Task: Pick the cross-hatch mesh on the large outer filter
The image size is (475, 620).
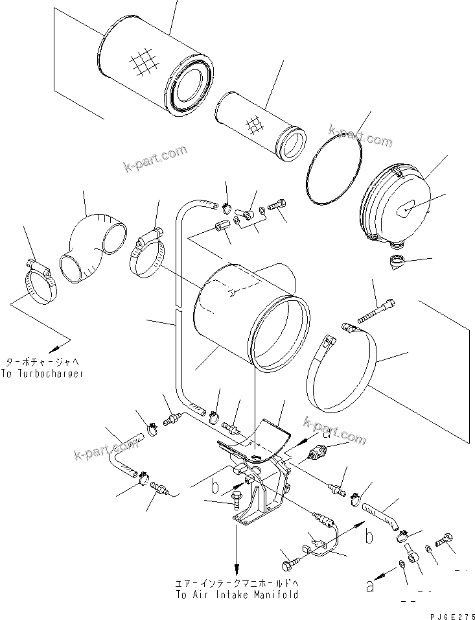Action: [x=144, y=62]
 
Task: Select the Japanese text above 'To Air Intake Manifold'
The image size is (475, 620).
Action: [x=237, y=582]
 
